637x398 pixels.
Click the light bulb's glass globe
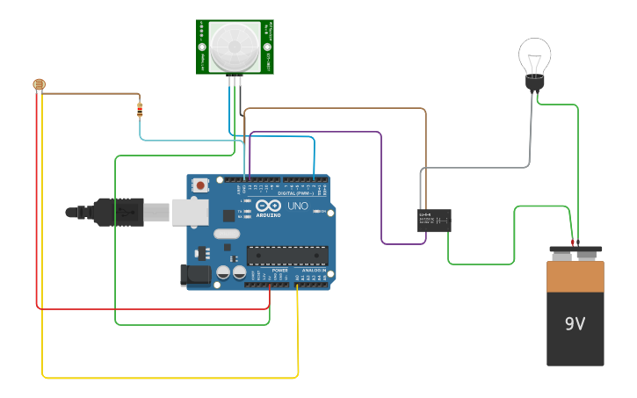534,57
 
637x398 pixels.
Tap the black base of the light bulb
534,83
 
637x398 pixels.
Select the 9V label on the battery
575,324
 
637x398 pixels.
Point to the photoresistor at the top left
39,85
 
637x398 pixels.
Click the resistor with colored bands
141,110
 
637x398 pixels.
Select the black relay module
434,220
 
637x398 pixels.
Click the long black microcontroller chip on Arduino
287,256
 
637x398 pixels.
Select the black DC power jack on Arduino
196,276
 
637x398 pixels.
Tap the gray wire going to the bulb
531,132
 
